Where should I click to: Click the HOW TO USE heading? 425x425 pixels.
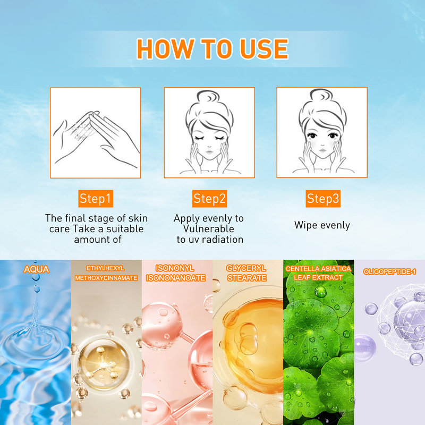tap(212, 49)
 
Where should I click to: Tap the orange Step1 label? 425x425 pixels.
tap(96, 199)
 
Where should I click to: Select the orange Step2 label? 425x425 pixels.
tap(209, 199)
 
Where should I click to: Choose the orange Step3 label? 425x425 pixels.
tap(323, 199)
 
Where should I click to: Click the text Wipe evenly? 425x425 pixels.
tap(322, 225)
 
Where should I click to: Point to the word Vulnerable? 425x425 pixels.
tap(208, 229)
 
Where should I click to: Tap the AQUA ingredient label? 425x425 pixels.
tap(36, 269)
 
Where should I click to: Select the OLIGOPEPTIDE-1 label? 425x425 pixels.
tap(389, 271)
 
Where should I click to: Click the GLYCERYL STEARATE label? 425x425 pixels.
tap(246, 273)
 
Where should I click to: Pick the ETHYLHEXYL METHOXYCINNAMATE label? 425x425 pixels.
tap(106, 273)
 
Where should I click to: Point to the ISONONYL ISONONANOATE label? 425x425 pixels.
tap(176, 273)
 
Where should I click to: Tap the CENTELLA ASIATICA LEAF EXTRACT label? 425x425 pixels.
tap(318, 273)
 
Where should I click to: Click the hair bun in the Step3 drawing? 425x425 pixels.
tap(321, 96)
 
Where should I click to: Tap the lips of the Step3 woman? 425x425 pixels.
tap(322, 150)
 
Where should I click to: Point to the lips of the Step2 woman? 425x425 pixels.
tap(209, 151)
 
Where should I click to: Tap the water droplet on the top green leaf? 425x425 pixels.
tap(320, 292)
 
